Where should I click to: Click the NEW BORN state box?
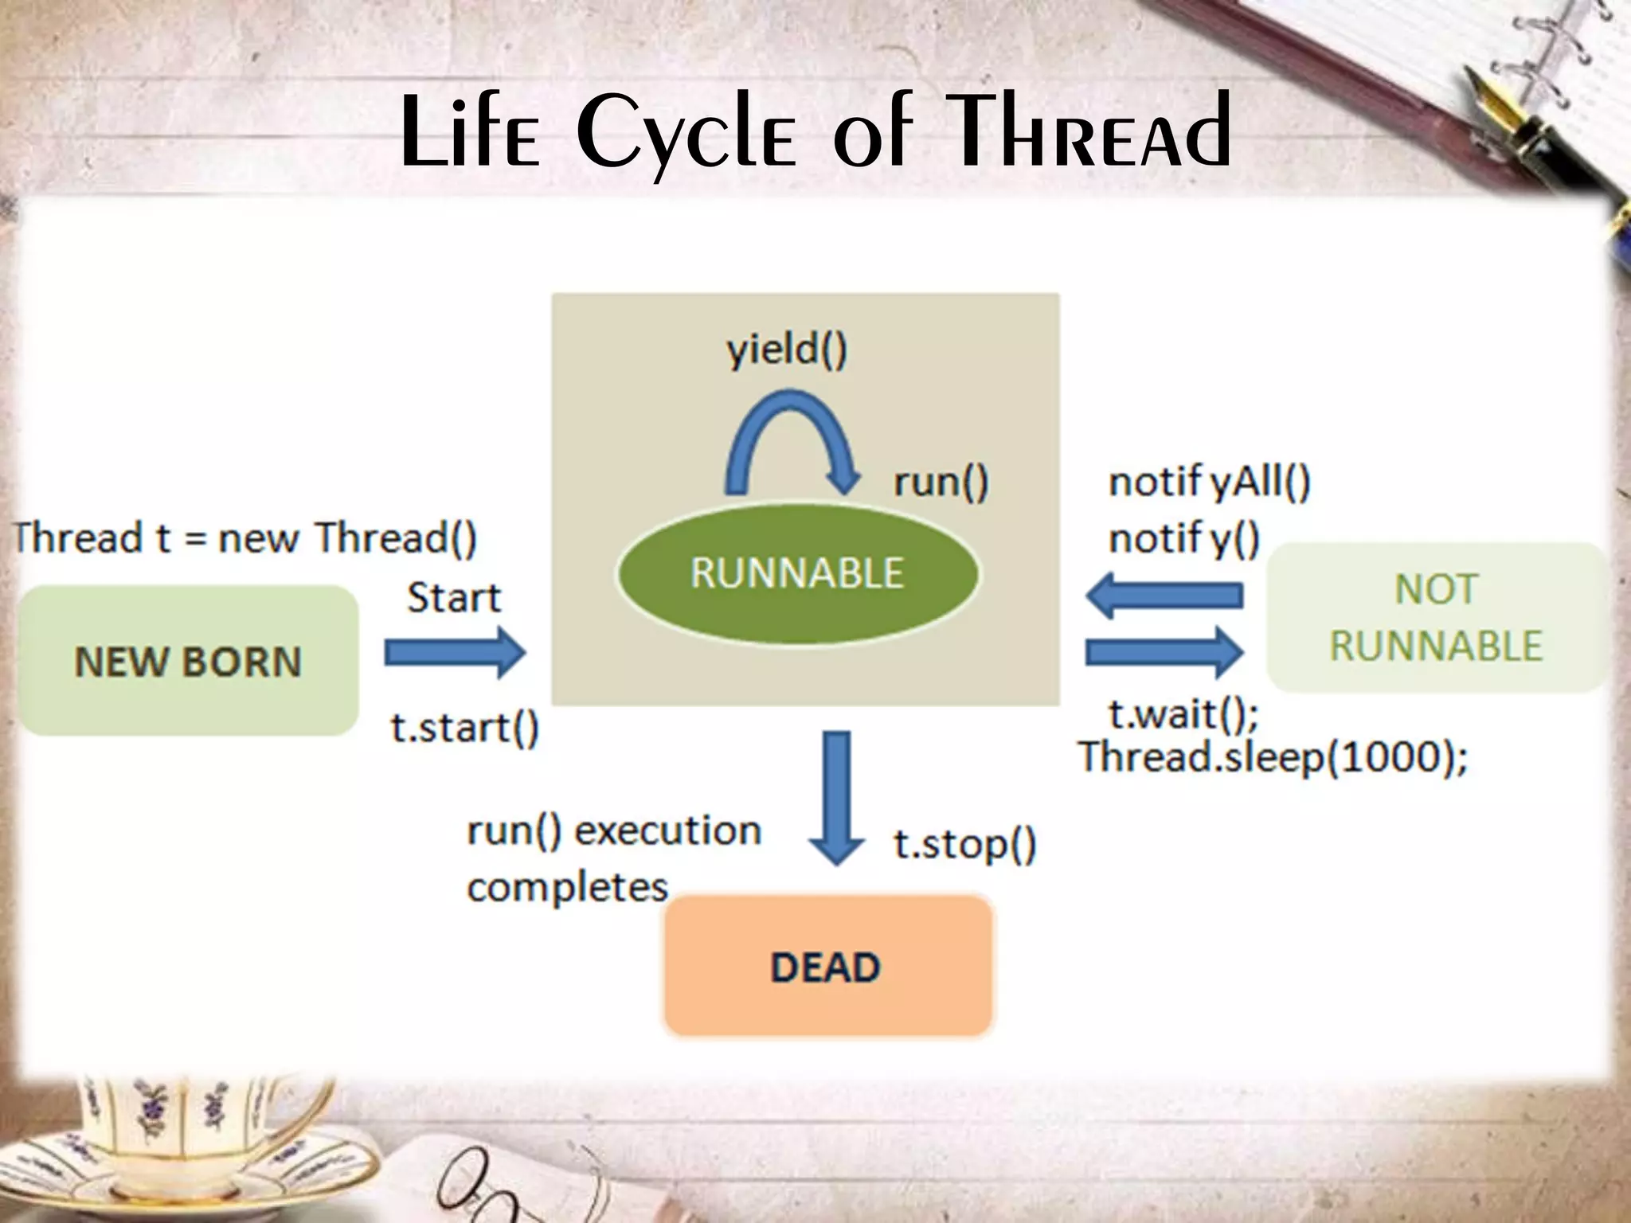(x=188, y=661)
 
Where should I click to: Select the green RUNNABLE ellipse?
(x=797, y=573)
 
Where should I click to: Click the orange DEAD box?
(x=827, y=967)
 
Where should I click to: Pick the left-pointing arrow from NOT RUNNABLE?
(x=1164, y=596)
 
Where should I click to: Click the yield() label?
(x=787, y=350)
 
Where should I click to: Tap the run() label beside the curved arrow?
(x=941, y=483)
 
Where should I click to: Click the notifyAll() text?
(x=1209, y=483)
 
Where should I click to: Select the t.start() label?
(x=464, y=728)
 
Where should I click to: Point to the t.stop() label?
(x=964, y=844)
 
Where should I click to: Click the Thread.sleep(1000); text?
(x=1273, y=756)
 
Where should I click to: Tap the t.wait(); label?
(x=1183, y=713)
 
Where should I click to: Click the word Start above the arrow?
(x=454, y=598)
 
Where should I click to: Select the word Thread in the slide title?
(x=1091, y=131)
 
